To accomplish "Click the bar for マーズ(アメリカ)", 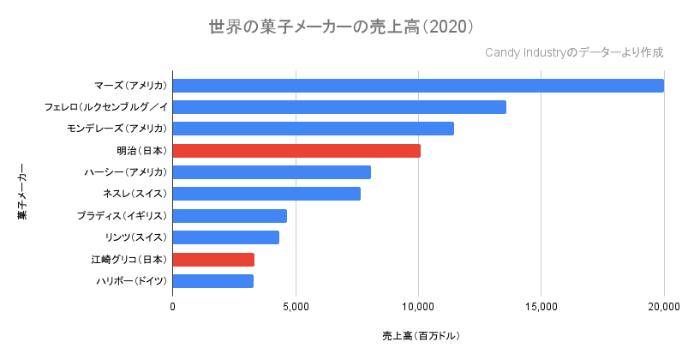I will click(x=418, y=86).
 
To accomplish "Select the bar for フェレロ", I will click(x=339, y=107).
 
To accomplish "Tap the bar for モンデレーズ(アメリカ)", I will click(x=313, y=129).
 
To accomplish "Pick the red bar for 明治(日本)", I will click(x=296, y=151).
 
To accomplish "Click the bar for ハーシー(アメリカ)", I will click(x=272, y=172).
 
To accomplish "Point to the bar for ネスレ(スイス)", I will click(x=266, y=194).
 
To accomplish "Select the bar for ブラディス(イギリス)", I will click(x=230, y=216).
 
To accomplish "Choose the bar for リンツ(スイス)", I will click(x=226, y=237).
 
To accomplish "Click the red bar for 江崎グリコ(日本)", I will click(x=213, y=260).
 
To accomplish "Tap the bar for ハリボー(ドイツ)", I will click(x=213, y=281).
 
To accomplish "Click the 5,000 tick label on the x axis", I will click(x=296, y=306).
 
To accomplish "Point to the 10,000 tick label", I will click(x=418, y=306).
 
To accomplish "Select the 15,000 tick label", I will click(x=541, y=306).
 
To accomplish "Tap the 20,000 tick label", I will click(x=663, y=306).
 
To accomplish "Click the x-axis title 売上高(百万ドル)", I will click(x=422, y=335).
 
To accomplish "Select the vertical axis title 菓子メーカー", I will click(x=22, y=191).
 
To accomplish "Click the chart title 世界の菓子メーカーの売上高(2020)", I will click(x=341, y=27).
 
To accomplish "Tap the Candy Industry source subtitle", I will click(x=574, y=53).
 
